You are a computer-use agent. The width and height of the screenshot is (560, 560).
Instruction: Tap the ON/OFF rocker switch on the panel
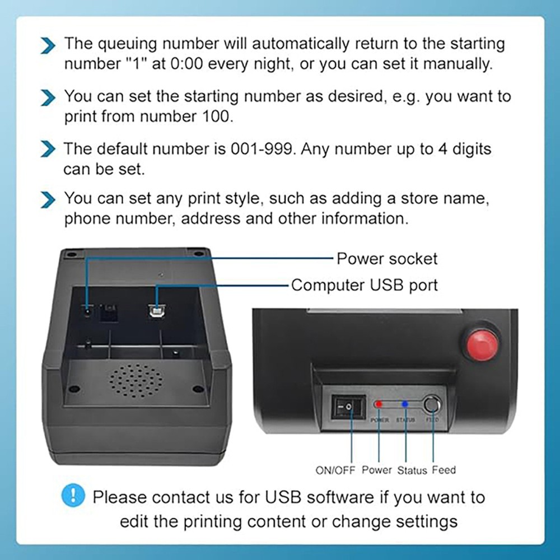tap(349, 406)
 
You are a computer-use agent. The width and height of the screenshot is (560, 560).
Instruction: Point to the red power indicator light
tap(379, 404)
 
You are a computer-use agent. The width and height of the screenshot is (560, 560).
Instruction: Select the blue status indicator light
tap(405, 404)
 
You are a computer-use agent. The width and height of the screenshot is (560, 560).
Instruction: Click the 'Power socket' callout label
tap(387, 259)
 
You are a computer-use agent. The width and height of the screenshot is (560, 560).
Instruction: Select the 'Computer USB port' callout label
tap(364, 285)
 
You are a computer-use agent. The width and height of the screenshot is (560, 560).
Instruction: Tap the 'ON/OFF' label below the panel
tap(335, 470)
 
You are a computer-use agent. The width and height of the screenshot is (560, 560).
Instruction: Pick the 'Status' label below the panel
tap(412, 470)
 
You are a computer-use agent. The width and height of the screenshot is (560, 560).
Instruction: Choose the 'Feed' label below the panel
tap(444, 470)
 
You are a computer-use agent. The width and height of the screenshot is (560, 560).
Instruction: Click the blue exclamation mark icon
tap(73, 496)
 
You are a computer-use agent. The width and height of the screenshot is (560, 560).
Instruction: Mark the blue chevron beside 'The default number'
tap(49, 150)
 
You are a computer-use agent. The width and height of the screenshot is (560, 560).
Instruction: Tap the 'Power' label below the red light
tap(377, 470)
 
